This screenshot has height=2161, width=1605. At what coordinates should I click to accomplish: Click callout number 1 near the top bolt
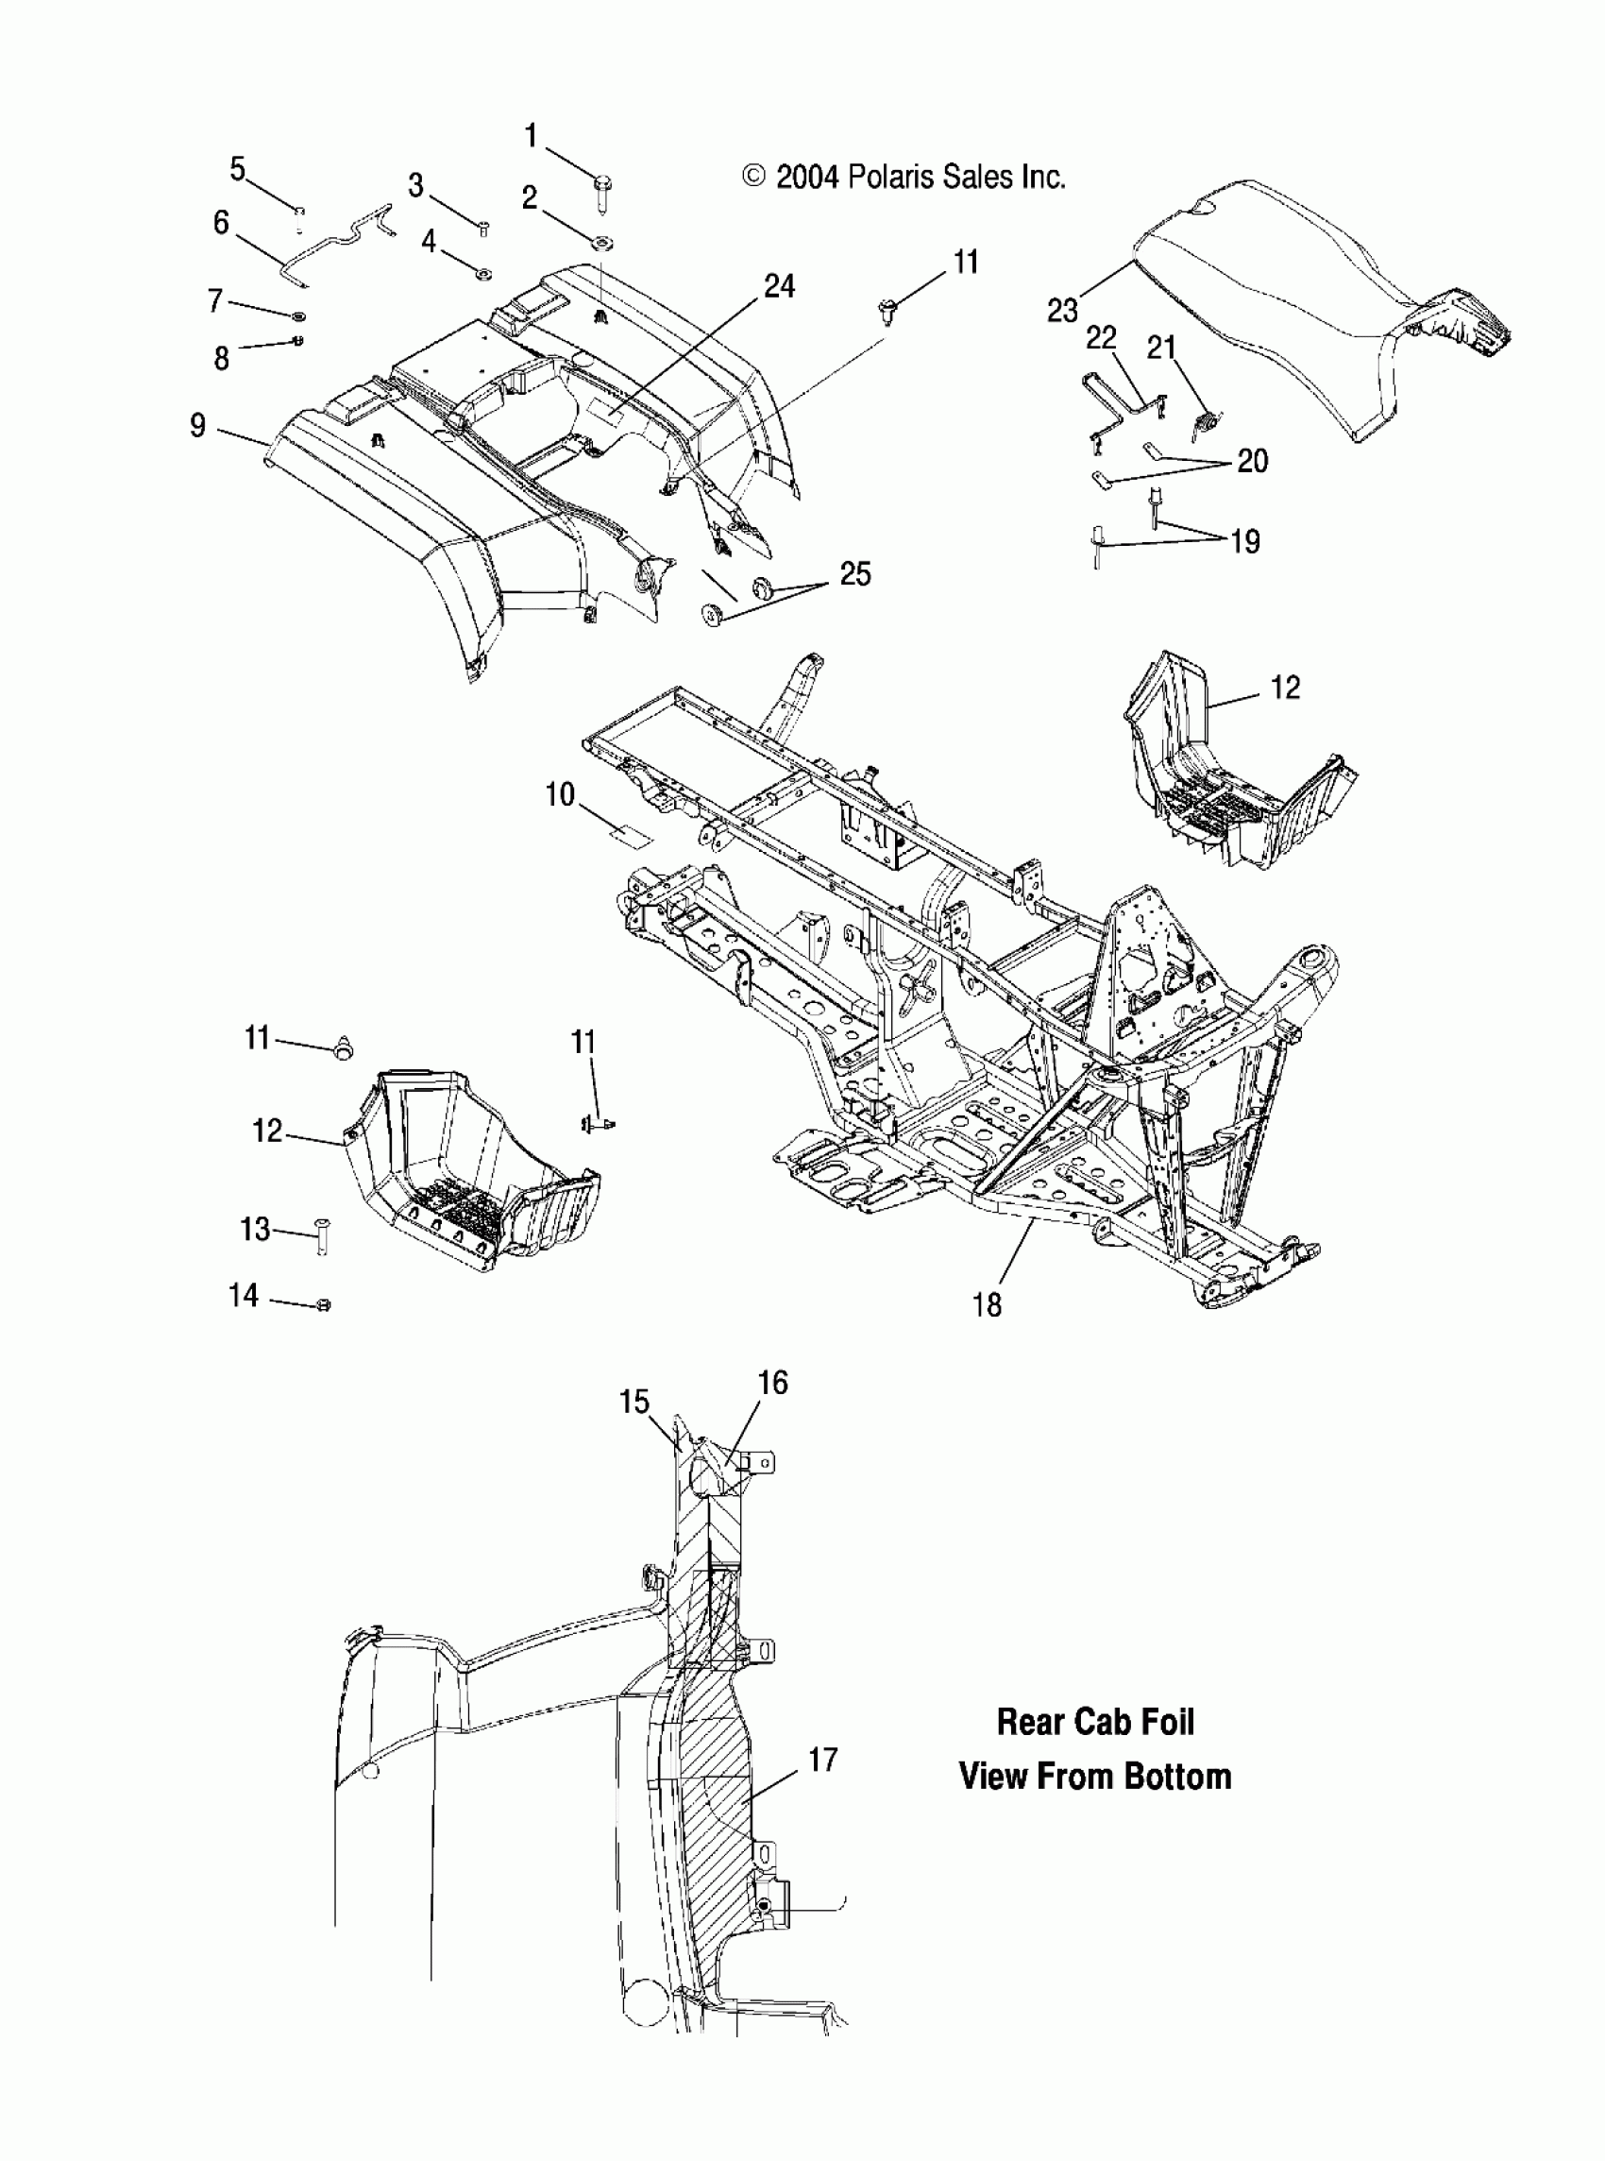point(531,135)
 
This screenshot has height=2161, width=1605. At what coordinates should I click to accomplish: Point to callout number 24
point(779,285)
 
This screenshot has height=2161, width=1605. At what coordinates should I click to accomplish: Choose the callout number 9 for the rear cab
point(198,425)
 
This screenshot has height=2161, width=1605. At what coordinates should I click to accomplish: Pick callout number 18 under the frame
point(986,1304)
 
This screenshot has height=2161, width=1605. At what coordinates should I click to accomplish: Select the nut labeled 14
point(325,1305)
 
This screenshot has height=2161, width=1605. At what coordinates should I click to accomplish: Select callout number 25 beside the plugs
point(855,573)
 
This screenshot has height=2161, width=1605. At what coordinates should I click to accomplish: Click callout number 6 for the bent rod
point(222,223)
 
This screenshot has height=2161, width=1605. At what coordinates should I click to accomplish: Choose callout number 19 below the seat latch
point(1245,541)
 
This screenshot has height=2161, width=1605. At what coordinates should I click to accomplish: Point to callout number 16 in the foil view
point(772,1382)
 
